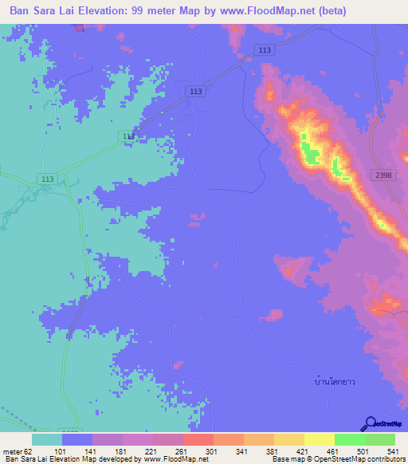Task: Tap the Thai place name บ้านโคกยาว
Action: pyautogui.click(x=333, y=381)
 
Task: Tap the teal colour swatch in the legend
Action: pyautogui.click(x=47, y=438)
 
